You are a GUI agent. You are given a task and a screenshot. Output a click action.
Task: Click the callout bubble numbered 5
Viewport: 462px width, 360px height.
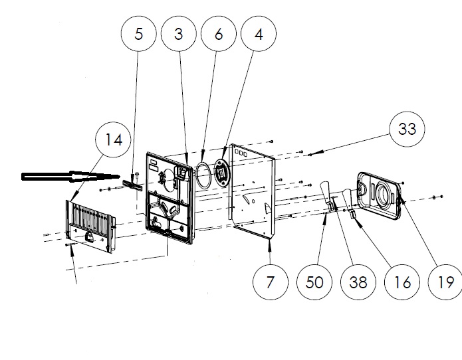click(138, 34)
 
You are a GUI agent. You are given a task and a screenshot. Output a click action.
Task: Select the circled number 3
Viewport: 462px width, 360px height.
click(178, 34)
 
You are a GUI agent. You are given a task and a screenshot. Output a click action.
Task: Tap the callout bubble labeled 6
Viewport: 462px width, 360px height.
click(219, 34)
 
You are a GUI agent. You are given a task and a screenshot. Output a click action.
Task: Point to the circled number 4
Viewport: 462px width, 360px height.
click(259, 34)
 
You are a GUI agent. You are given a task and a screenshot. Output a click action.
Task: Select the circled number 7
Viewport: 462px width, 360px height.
click(271, 282)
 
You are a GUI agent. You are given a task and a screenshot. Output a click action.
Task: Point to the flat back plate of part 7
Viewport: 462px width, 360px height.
click(256, 193)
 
